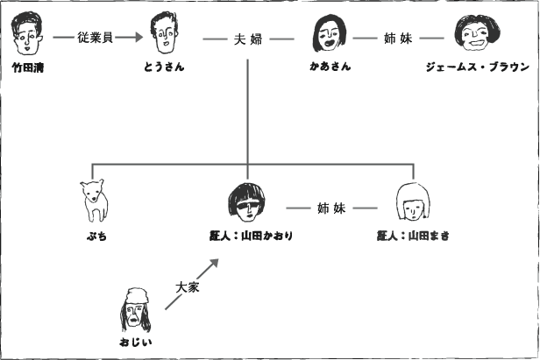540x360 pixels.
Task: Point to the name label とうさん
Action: coord(164,67)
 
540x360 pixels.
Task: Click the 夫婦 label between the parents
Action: coord(248,39)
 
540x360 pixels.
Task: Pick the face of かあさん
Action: coord(329,36)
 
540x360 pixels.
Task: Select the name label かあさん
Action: coord(330,67)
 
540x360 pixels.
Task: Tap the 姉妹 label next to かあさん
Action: coord(397,39)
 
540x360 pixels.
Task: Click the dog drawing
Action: coord(94,201)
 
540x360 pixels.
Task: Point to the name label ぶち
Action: coord(96,236)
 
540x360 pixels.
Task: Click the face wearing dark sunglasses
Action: coord(246,203)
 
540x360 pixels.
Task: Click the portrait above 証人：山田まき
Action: coord(411,202)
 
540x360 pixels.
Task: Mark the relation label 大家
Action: coord(188,286)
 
